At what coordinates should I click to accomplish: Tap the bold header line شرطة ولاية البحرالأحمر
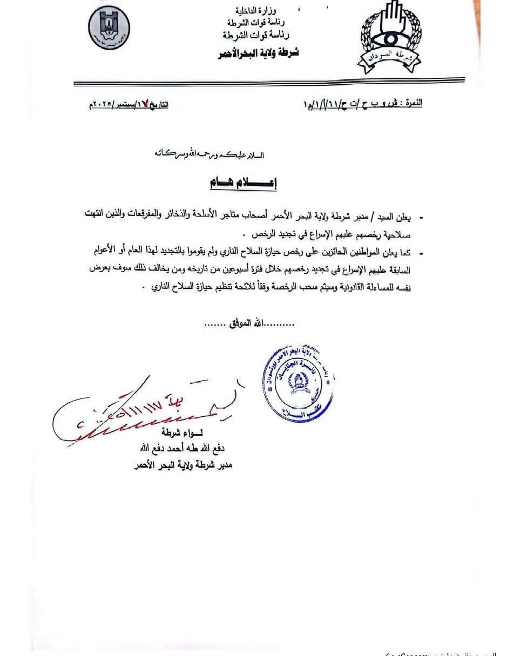pos(258,53)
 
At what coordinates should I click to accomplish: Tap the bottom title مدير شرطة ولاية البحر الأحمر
pos(182,465)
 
